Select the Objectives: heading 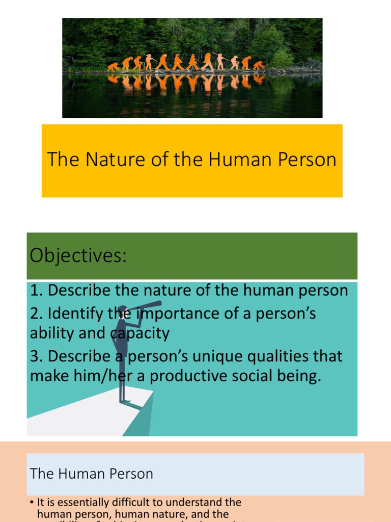(77, 255)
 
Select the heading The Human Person (92, 474)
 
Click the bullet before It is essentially (32, 503)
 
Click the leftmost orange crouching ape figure (113, 66)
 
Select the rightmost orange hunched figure (259, 65)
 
